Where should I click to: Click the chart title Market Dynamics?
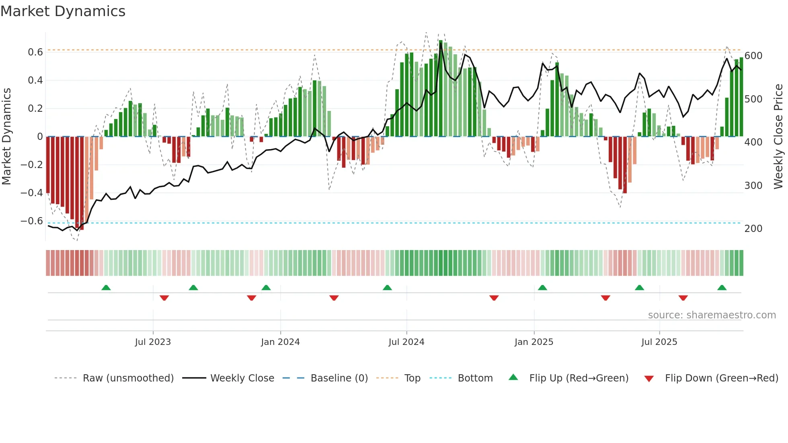click(63, 11)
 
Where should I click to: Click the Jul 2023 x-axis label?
click(153, 342)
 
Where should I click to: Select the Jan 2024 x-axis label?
click(280, 342)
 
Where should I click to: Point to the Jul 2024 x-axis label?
click(406, 342)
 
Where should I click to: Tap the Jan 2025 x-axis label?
click(534, 342)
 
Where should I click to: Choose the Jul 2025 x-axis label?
click(659, 342)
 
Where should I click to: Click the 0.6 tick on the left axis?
click(35, 52)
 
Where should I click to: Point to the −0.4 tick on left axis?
click(32, 193)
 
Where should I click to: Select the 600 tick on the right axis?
click(753, 56)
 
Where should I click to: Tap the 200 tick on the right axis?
click(753, 229)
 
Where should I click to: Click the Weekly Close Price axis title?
click(778, 137)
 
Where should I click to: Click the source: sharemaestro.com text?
click(712, 315)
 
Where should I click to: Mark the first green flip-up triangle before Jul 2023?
click(106, 288)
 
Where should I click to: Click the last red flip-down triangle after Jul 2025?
click(683, 298)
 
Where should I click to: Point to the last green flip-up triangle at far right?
click(722, 288)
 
